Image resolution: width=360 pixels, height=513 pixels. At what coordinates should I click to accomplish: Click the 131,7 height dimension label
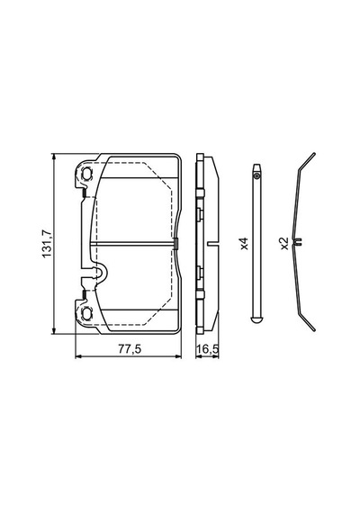click(x=47, y=244)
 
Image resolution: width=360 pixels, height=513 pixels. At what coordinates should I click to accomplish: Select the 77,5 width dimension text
click(x=130, y=349)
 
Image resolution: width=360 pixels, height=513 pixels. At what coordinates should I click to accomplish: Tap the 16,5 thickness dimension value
click(x=208, y=349)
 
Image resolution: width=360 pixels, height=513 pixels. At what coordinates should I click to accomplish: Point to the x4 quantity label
click(x=245, y=244)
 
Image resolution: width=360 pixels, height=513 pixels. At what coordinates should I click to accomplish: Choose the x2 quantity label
click(x=284, y=244)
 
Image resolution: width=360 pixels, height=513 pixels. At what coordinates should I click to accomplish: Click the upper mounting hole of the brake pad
click(x=86, y=174)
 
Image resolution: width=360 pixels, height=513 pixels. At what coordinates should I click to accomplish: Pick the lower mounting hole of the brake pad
click(x=86, y=313)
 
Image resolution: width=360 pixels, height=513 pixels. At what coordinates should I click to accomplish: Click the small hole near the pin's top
click(x=257, y=176)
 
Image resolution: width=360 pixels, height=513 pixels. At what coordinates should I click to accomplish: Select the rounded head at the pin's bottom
click(x=257, y=319)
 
